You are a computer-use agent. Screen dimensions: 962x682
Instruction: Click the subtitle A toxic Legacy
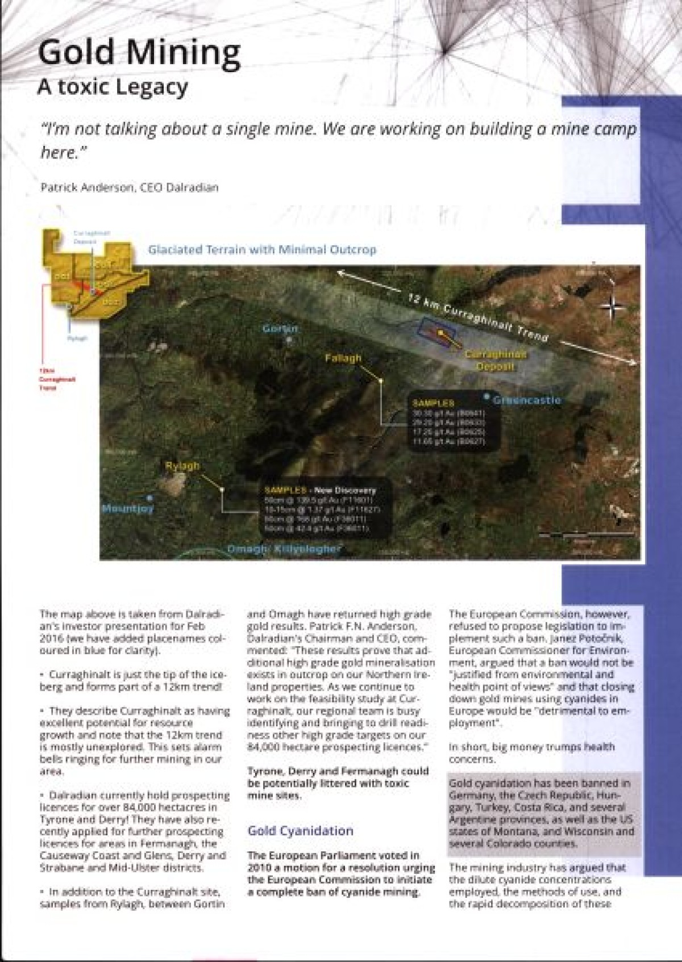pyautogui.click(x=112, y=87)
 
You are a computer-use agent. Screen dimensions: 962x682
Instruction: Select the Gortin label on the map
pyautogui.click(x=281, y=329)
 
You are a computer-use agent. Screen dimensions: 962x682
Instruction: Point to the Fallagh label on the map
pyautogui.click(x=343, y=358)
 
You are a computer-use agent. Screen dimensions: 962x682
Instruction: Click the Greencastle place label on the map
pyautogui.click(x=526, y=400)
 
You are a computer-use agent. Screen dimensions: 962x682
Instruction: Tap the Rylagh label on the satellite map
pyautogui.click(x=182, y=466)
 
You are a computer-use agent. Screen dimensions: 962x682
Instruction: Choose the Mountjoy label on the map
pyautogui.click(x=128, y=509)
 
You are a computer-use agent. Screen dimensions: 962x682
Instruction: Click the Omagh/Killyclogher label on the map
pyautogui.click(x=284, y=549)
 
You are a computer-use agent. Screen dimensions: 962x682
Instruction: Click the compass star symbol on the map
pyautogui.click(x=612, y=307)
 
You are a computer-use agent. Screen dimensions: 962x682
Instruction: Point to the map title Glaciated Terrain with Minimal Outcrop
pyautogui.click(x=262, y=249)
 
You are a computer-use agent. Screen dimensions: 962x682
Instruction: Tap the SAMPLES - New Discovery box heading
pyautogui.click(x=321, y=490)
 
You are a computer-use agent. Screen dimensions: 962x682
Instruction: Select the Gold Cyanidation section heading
pyautogui.click(x=301, y=831)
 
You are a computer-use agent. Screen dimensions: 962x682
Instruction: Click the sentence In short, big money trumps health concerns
pyautogui.click(x=531, y=752)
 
